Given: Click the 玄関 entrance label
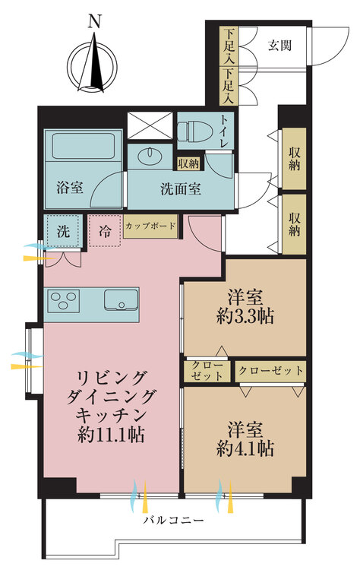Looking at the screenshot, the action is click(279, 46).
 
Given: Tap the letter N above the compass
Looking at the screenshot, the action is click(94, 23).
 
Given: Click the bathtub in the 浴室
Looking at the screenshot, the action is click(84, 146).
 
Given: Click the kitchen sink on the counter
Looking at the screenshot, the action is click(121, 300).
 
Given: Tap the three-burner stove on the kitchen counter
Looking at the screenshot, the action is click(65, 300).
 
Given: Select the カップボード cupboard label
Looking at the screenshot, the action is click(150, 226).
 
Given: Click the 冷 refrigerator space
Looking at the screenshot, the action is click(105, 230).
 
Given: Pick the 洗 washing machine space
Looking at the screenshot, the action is click(64, 231).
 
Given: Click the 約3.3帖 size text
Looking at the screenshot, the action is click(245, 317).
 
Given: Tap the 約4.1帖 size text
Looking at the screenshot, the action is click(245, 448).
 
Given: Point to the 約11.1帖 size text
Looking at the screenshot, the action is click(111, 435).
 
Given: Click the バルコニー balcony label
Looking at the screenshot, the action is click(173, 520).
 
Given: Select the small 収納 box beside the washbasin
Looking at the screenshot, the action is click(188, 163).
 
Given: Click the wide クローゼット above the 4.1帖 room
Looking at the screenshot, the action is click(270, 371).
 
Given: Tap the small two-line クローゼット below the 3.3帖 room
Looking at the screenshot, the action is click(207, 371).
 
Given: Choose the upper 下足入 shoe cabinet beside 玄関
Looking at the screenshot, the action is click(229, 46).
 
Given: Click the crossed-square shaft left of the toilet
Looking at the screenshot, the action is click(150, 125).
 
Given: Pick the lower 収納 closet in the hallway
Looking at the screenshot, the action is click(294, 224).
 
